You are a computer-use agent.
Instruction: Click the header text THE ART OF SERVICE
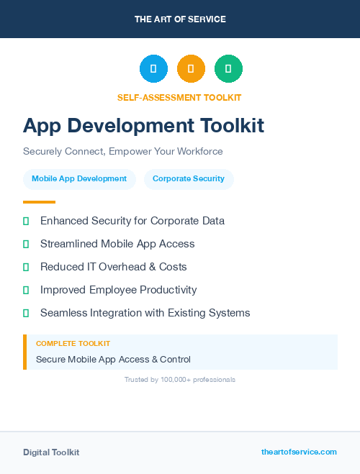click(x=180, y=19)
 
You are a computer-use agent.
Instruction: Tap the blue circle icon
click(x=153, y=69)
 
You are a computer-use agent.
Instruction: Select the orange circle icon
click(x=191, y=69)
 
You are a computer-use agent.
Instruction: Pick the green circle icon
click(x=228, y=69)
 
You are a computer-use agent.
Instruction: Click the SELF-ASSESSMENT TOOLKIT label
click(x=179, y=97)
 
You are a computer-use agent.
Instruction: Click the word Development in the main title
click(x=128, y=126)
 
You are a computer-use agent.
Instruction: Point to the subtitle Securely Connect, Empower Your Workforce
click(x=123, y=152)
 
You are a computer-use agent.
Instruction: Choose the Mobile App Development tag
click(x=79, y=178)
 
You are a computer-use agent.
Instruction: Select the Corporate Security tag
click(x=189, y=178)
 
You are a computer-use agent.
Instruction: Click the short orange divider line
click(x=39, y=202)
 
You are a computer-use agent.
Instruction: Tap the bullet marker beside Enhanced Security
click(x=26, y=221)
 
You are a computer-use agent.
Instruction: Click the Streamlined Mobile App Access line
click(x=117, y=244)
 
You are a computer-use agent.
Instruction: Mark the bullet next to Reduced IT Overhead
click(x=26, y=267)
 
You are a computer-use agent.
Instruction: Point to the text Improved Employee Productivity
click(x=119, y=290)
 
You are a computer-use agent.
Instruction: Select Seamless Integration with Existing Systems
click(x=145, y=313)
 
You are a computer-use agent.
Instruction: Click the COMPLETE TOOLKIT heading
click(x=73, y=344)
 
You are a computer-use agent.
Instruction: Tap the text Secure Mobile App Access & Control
click(x=113, y=359)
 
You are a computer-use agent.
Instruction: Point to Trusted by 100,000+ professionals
click(x=180, y=379)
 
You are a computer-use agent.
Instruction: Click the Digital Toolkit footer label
click(x=51, y=452)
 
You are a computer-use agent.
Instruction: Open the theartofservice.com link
click(x=299, y=452)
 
